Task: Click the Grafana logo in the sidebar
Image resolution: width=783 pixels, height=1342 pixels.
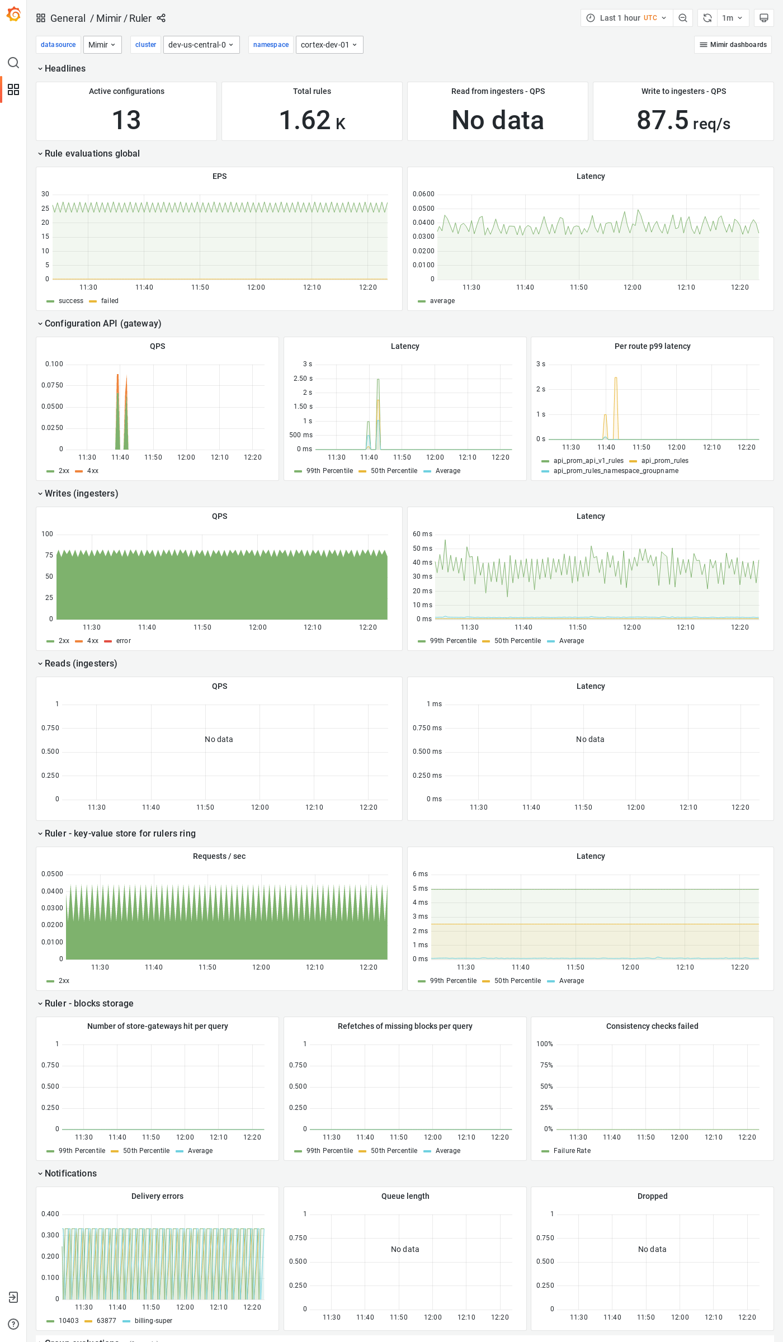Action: (13, 15)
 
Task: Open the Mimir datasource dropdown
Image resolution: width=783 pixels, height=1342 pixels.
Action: (102, 45)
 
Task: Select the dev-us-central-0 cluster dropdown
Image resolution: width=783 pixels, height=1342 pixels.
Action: (201, 45)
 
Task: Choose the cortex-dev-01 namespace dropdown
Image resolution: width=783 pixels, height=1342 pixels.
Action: (329, 45)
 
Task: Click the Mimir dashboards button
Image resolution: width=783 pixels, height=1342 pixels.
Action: (733, 45)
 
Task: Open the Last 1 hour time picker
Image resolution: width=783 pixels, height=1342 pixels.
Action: (626, 18)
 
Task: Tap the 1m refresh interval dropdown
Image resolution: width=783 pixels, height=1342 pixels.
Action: (732, 18)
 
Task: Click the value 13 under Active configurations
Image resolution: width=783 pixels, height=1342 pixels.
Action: (126, 120)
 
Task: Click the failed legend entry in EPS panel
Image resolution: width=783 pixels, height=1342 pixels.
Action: (110, 301)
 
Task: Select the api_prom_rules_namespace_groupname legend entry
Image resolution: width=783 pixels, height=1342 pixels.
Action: (615, 471)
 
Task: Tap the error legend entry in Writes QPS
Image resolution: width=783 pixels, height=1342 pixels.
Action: (123, 641)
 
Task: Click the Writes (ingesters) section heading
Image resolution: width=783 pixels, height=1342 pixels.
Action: (81, 493)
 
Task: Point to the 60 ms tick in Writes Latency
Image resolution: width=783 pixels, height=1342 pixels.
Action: (422, 534)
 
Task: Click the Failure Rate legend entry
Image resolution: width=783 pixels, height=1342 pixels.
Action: (572, 1151)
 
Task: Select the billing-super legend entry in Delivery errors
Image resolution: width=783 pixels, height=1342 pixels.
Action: (153, 1321)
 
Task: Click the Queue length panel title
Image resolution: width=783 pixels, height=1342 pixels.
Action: (405, 1196)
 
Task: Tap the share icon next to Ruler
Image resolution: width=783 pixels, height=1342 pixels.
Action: (161, 18)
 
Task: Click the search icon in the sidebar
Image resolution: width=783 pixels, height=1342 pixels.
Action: (13, 63)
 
